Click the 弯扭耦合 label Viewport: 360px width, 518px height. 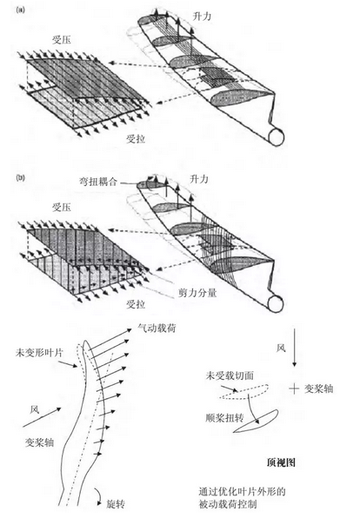click(x=97, y=182)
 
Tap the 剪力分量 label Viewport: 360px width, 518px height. click(x=197, y=292)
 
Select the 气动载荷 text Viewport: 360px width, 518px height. click(x=157, y=328)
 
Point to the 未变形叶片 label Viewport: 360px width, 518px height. click(x=39, y=353)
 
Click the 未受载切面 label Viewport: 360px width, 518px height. click(x=230, y=375)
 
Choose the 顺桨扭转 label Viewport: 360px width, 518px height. click(x=224, y=418)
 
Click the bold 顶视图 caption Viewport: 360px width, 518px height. click(x=281, y=462)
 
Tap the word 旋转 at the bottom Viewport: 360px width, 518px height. click(x=116, y=504)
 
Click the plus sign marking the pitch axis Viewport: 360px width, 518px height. click(x=294, y=388)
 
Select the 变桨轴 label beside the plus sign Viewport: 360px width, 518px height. click(x=318, y=388)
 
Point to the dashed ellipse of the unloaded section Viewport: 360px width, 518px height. click(x=243, y=392)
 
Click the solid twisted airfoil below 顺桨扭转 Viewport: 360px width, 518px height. click(x=257, y=422)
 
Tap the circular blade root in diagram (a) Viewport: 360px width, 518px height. click(x=277, y=136)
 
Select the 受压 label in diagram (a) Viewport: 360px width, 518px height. click(x=62, y=40)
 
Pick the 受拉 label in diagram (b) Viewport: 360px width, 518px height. click(x=136, y=304)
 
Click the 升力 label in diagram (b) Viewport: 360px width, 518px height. click(x=199, y=179)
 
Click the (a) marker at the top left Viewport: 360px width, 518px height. click(x=20, y=10)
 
